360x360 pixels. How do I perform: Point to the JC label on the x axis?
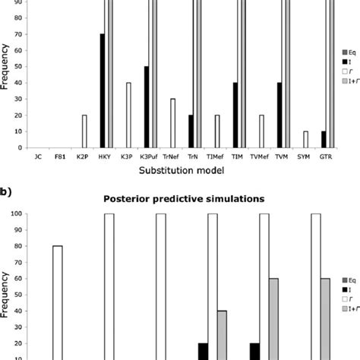click(39, 159)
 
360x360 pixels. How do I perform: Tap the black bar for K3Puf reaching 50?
click(146, 107)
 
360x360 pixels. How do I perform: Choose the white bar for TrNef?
click(172, 123)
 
